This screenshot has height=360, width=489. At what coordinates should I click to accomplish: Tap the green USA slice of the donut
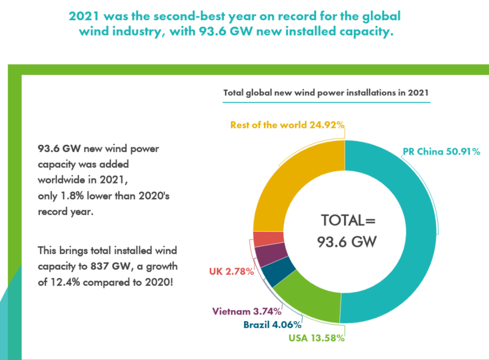309,302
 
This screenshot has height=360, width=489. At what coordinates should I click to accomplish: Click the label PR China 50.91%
441,152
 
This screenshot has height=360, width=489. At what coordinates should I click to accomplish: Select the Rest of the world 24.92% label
287,125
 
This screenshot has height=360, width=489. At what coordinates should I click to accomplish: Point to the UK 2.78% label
232,272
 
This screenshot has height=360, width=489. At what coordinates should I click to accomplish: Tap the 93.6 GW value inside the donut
347,241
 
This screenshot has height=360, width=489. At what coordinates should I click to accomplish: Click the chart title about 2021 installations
326,93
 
